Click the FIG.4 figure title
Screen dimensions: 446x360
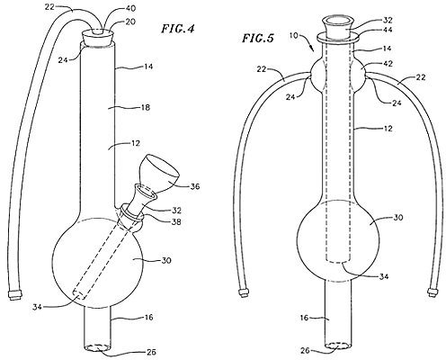coord(178,29)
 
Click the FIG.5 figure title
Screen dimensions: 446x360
coord(258,39)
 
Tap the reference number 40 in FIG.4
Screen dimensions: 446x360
coord(129,9)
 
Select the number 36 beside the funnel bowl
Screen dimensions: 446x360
coord(195,186)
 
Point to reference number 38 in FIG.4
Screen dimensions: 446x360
coord(176,221)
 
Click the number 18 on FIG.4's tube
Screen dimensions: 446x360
coord(146,107)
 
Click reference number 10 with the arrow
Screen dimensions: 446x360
coord(294,35)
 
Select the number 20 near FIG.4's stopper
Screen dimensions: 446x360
coord(130,22)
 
